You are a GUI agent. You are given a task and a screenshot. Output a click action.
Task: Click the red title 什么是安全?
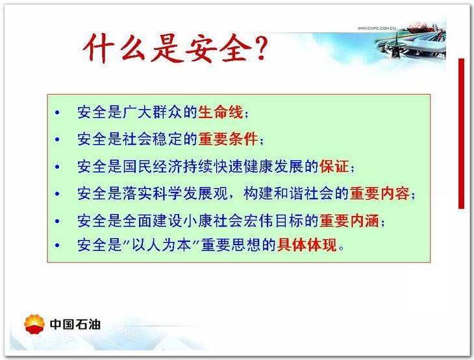pos(175,49)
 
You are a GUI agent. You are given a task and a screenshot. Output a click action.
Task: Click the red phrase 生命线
pos(221,112)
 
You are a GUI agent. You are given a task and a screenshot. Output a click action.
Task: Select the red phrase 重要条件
pos(228,139)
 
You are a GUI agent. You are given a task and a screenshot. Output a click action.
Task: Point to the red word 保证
pos(334,167)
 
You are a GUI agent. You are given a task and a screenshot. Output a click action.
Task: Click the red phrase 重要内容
pos(380,193)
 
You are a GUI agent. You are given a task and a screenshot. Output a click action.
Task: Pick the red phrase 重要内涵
pos(349,221)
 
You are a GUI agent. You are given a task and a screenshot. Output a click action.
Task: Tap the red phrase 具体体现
pos(307,245)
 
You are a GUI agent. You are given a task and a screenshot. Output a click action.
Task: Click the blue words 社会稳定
pos(153,139)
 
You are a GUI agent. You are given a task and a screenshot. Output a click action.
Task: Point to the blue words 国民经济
pos(153,167)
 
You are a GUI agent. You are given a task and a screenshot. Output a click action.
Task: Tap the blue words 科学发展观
pos(190,193)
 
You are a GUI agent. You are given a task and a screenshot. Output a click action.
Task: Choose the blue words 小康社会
pos(213,221)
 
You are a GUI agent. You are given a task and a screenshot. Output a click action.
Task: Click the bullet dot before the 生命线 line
pos(57,113)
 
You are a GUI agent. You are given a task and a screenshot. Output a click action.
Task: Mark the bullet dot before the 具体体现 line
pos(57,245)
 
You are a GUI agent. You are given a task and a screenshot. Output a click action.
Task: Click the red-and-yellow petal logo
pos(34,324)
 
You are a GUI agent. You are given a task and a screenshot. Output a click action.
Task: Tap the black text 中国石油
pos(75,324)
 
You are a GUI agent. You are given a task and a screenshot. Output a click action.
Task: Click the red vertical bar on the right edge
pos(461,134)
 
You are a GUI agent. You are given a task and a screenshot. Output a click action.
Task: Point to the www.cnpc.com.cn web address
pos(377,28)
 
